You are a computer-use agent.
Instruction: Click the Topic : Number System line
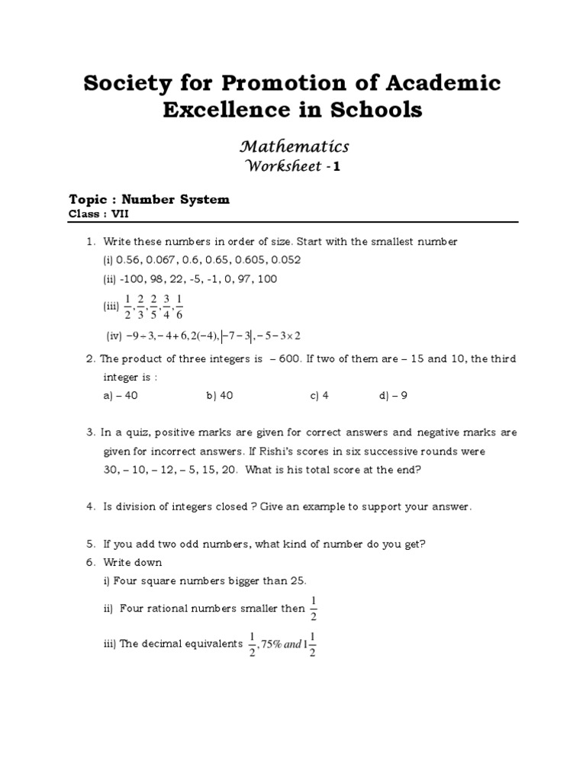(149, 200)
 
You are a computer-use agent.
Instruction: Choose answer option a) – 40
(120, 396)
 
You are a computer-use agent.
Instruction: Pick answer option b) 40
(219, 396)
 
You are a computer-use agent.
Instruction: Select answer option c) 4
(319, 396)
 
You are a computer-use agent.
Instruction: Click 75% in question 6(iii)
(269, 644)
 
